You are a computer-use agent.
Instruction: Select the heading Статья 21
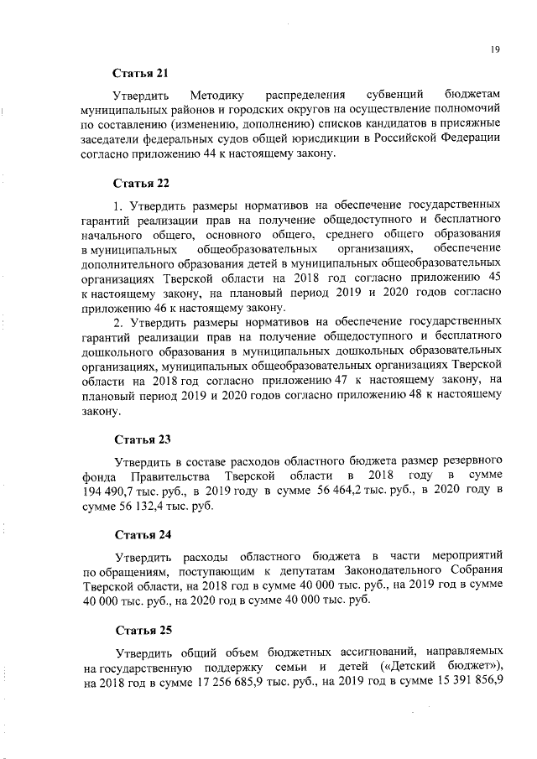(143, 74)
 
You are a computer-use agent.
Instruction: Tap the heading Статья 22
(143, 182)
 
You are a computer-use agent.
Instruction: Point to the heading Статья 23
(143, 439)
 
